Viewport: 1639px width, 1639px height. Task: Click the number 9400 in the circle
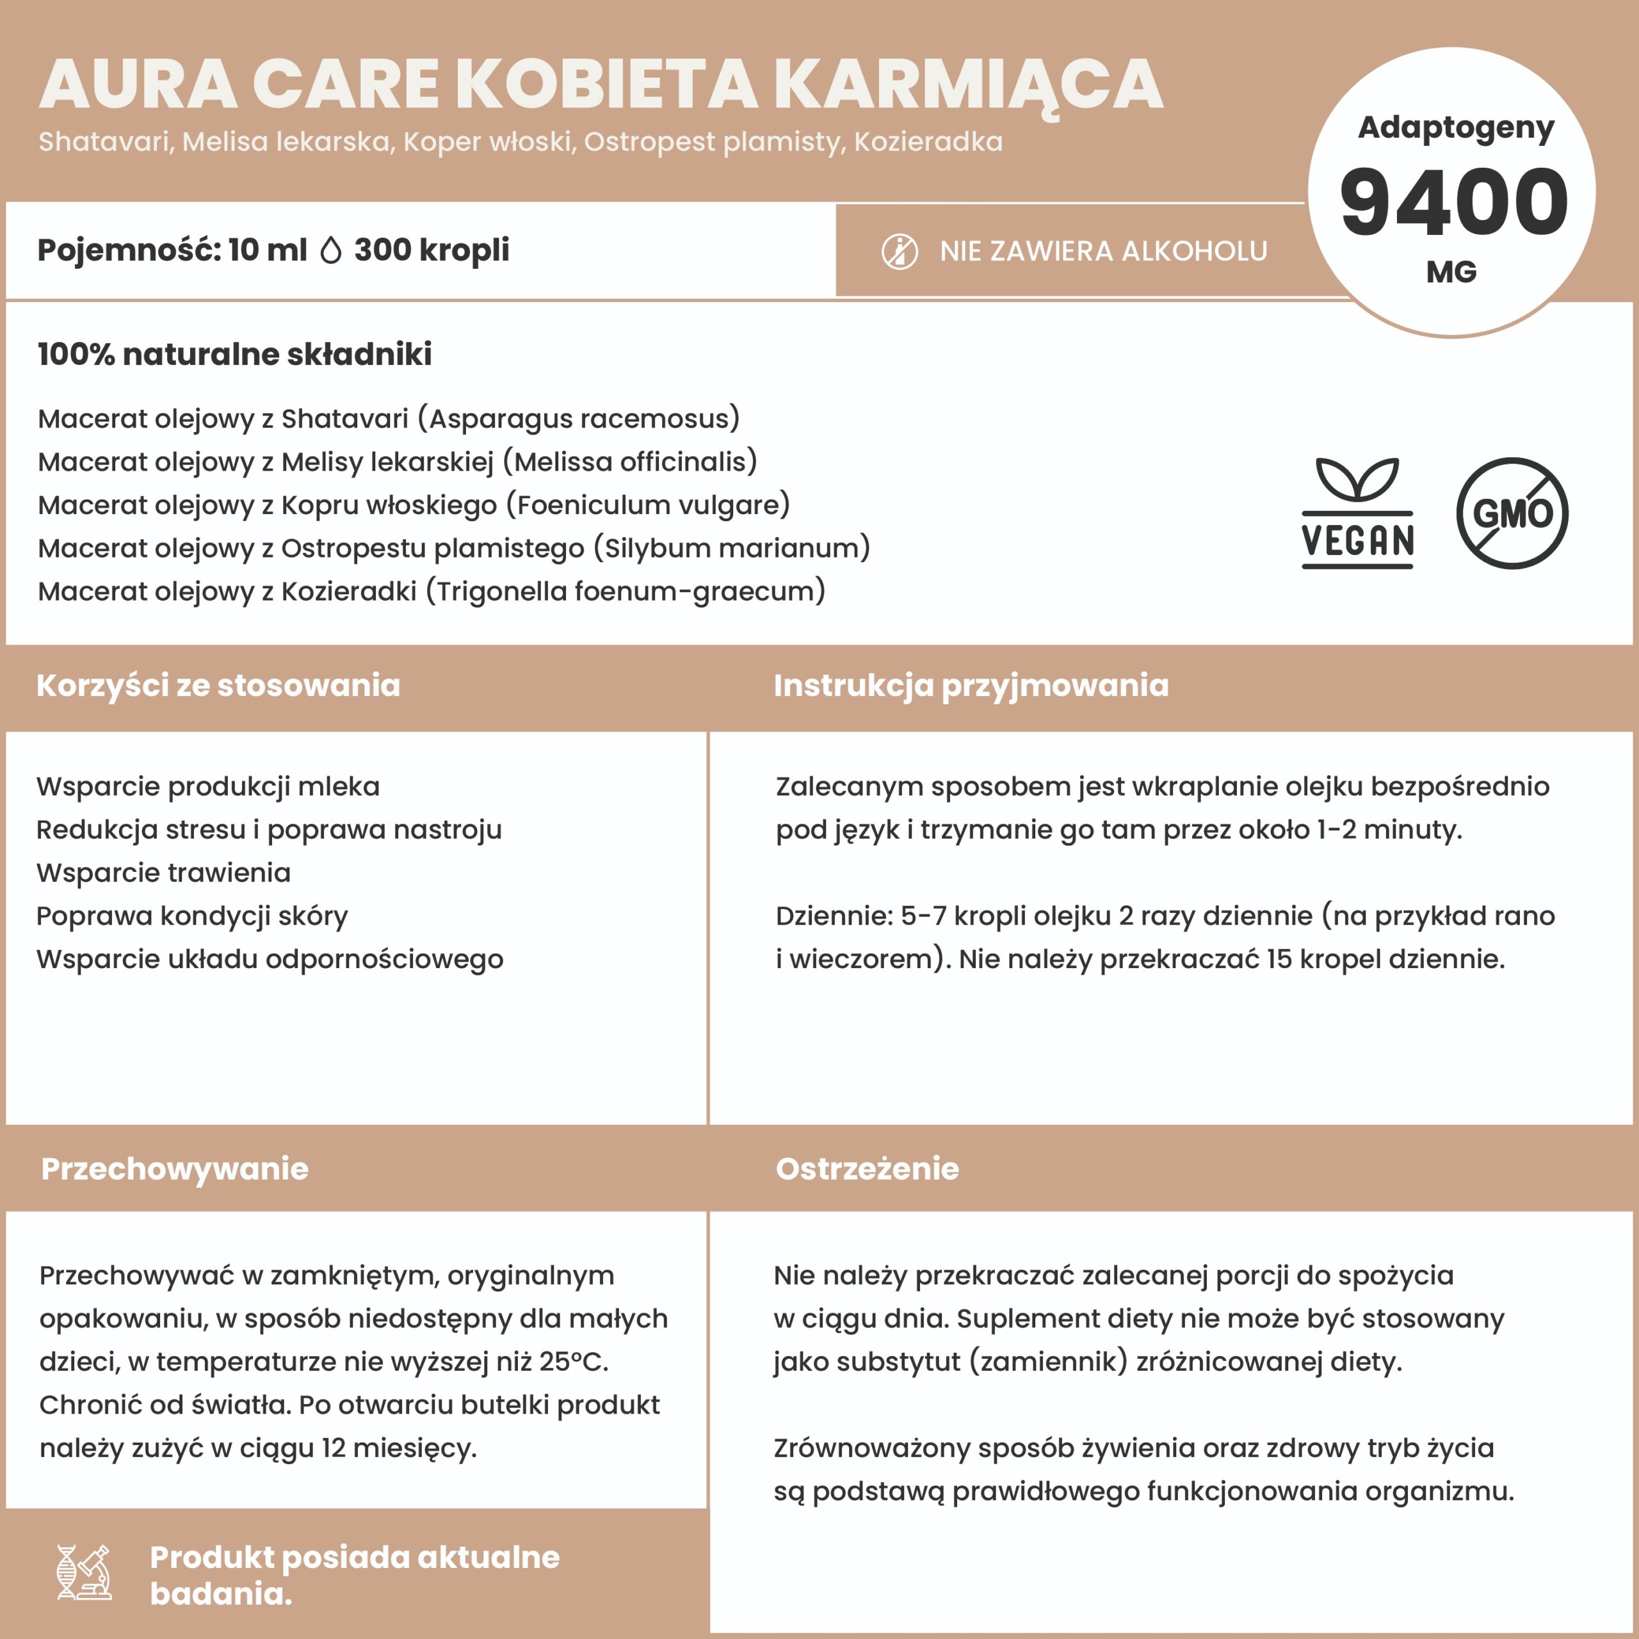point(1453,203)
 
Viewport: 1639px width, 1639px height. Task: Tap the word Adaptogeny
point(1456,127)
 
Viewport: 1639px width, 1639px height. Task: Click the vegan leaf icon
point(1357,512)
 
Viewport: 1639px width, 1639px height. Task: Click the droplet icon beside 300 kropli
point(331,250)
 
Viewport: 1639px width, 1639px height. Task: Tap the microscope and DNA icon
point(84,1572)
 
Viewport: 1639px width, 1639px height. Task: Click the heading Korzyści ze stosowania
point(218,686)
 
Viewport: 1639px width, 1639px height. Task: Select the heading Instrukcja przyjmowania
point(971,686)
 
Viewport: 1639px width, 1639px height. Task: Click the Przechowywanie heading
point(175,1169)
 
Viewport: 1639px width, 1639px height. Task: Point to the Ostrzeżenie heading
point(867,1169)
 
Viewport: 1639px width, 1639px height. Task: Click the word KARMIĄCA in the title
point(968,85)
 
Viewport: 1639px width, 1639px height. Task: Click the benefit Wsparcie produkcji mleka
point(208,786)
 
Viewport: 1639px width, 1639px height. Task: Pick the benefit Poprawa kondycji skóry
point(191,916)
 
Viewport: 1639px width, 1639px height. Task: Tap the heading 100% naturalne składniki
point(234,354)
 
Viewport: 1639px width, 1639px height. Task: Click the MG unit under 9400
point(1451,272)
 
